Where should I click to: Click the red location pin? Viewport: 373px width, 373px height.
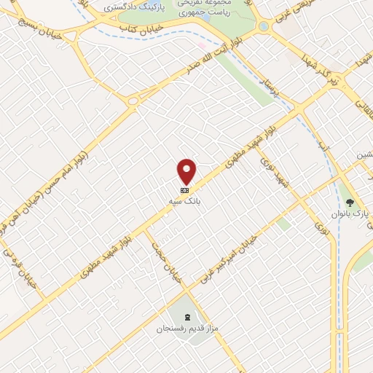(187, 170)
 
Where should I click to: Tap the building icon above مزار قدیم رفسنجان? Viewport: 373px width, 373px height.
(189, 318)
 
